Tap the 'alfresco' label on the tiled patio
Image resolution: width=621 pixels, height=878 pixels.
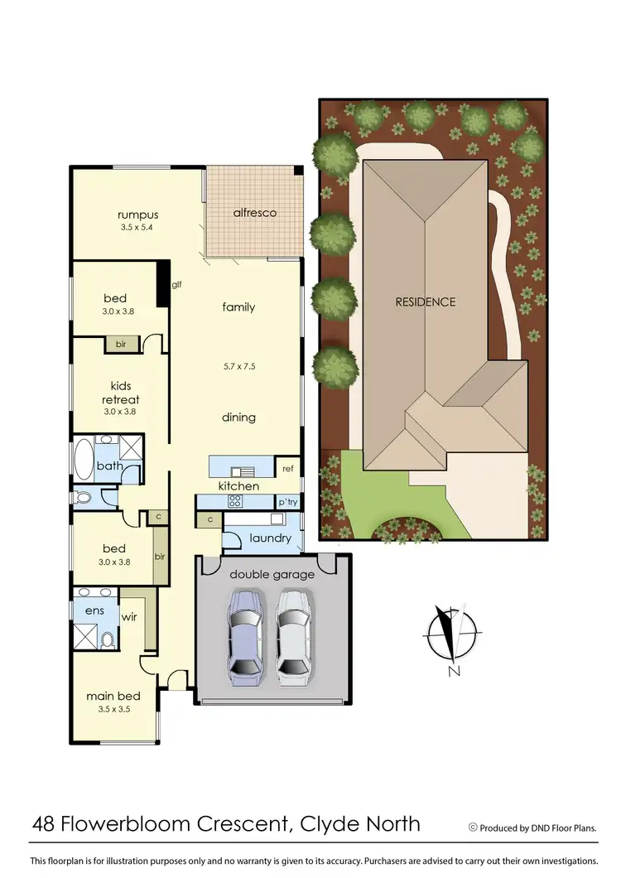click(254, 213)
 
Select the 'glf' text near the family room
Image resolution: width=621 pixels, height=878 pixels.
click(176, 284)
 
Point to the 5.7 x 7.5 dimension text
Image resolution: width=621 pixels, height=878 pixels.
click(238, 365)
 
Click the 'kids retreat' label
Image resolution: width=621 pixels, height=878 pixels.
click(122, 393)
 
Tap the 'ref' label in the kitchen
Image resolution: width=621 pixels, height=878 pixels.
click(288, 469)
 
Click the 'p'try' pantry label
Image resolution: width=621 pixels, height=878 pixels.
click(287, 502)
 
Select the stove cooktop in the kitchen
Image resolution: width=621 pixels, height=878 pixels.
click(234, 501)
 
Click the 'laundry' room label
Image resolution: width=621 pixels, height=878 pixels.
click(271, 538)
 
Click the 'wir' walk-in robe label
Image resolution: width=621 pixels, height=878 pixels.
click(129, 617)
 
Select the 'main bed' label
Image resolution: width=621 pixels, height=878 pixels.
click(113, 696)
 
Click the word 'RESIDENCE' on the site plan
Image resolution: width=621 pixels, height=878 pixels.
click(425, 302)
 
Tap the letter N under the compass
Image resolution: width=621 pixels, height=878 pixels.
click(453, 672)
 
